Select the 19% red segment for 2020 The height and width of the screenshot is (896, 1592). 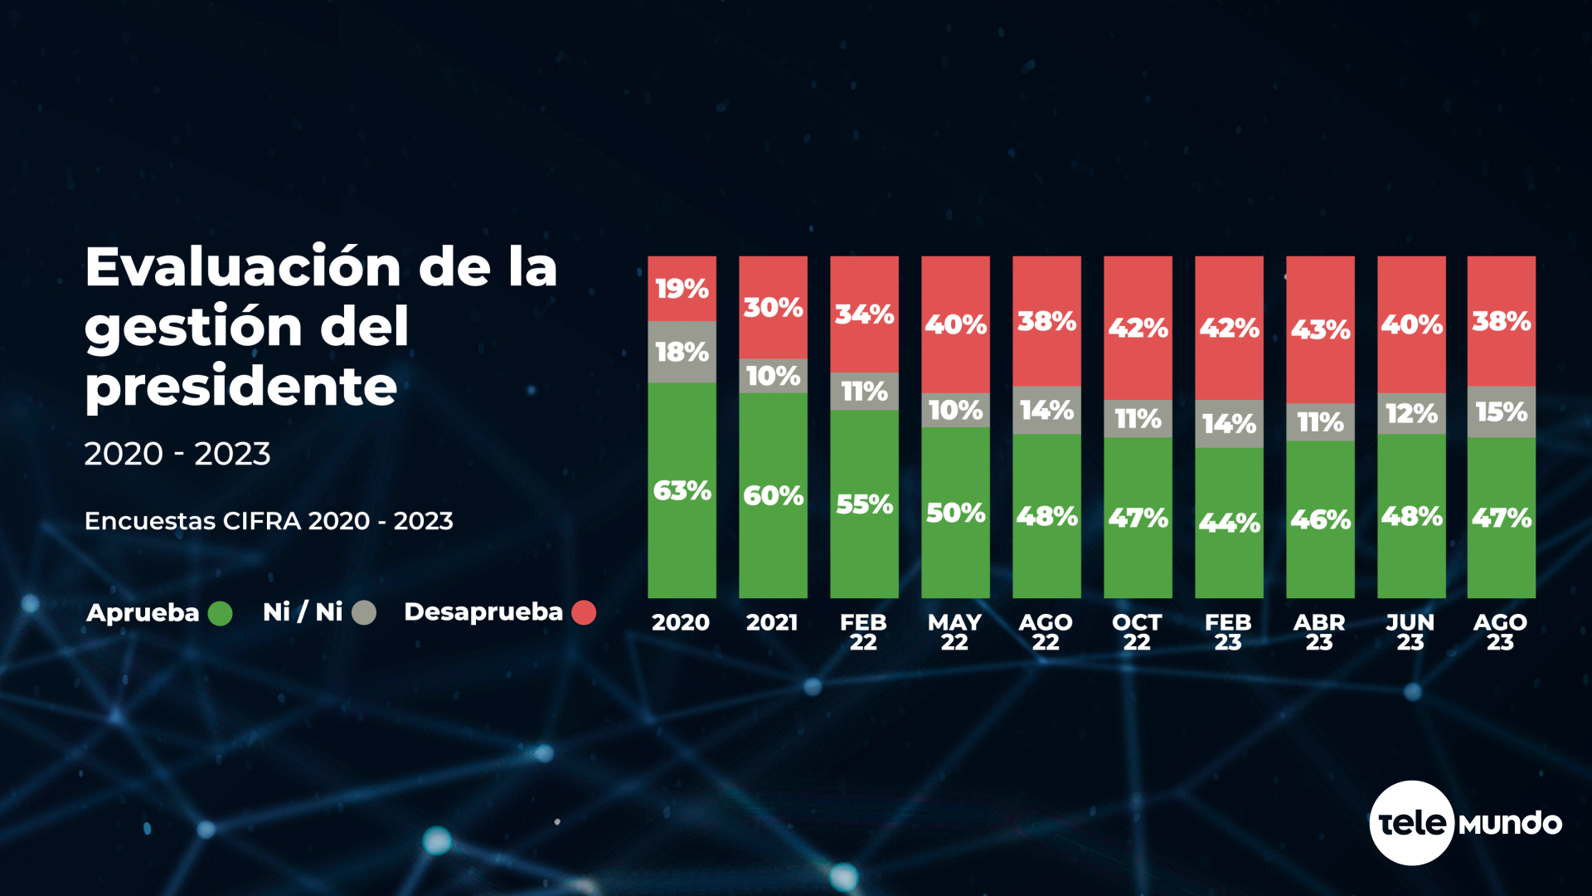(682, 288)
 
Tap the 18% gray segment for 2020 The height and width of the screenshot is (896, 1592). (682, 352)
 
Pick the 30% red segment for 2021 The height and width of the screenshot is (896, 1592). (773, 308)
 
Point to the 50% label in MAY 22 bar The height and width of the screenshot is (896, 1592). (955, 513)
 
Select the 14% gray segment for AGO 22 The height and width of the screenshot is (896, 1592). (1046, 410)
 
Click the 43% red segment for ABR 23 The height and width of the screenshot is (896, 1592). (1320, 329)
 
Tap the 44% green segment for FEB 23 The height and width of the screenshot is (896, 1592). (1229, 523)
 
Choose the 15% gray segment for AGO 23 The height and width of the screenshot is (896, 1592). (1501, 411)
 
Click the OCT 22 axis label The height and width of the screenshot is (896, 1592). (1137, 632)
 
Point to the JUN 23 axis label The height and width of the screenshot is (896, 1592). (1410, 632)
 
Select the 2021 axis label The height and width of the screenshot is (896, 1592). (772, 622)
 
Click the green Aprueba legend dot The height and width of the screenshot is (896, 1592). (220, 613)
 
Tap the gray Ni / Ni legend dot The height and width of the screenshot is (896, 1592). (364, 613)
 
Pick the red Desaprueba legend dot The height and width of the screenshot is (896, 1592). (584, 612)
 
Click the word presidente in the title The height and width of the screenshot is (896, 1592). (241, 387)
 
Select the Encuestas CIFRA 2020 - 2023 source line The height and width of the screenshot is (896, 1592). (269, 521)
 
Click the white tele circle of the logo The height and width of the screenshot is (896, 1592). (1411, 823)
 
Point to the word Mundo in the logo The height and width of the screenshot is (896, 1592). (1510, 824)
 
